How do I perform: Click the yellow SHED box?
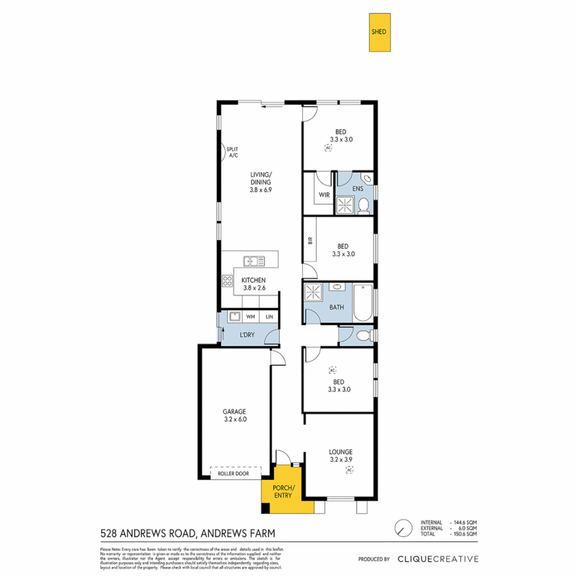379,33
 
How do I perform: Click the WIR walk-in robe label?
324,195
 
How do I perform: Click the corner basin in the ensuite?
367,179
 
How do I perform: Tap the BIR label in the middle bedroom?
310,241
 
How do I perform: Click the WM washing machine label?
250,317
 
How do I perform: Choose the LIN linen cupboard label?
270,317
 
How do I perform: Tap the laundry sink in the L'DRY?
234,317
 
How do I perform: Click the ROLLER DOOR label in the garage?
235,473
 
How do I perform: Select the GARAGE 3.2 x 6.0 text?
235,415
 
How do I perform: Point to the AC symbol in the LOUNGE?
349,470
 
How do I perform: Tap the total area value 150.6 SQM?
464,533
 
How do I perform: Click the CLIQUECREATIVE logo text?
438,559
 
